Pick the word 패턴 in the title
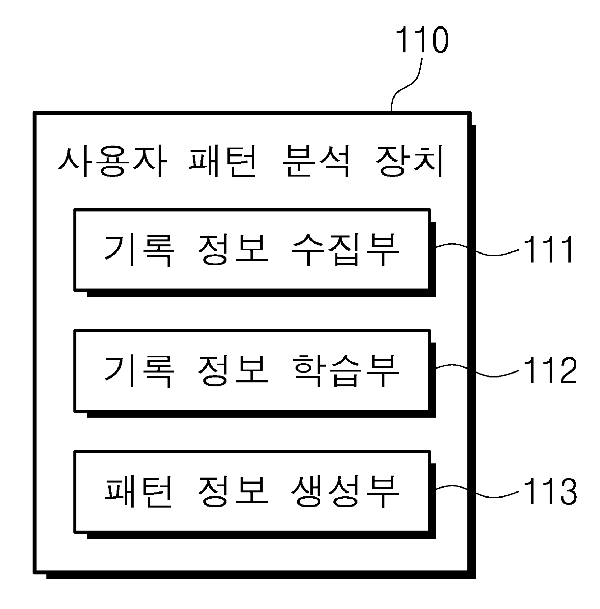click(x=223, y=163)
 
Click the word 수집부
click(x=345, y=250)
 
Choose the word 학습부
click(x=345, y=371)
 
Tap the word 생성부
click(x=345, y=492)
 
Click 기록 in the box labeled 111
click(x=138, y=250)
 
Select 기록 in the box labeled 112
click(x=138, y=371)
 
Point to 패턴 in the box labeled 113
click(x=138, y=492)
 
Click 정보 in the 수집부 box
click(x=232, y=250)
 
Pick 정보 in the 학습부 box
click(x=232, y=371)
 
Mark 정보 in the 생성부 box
click(x=232, y=492)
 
